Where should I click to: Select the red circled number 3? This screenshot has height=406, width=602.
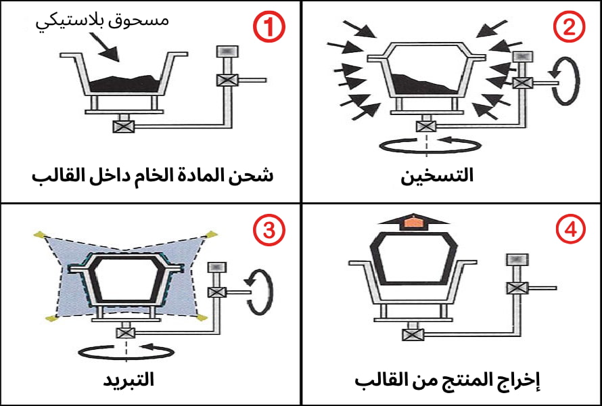pyautogui.click(x=269, y=231)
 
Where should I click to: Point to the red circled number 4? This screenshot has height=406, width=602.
pyautogui.click(x=570, y=231)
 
